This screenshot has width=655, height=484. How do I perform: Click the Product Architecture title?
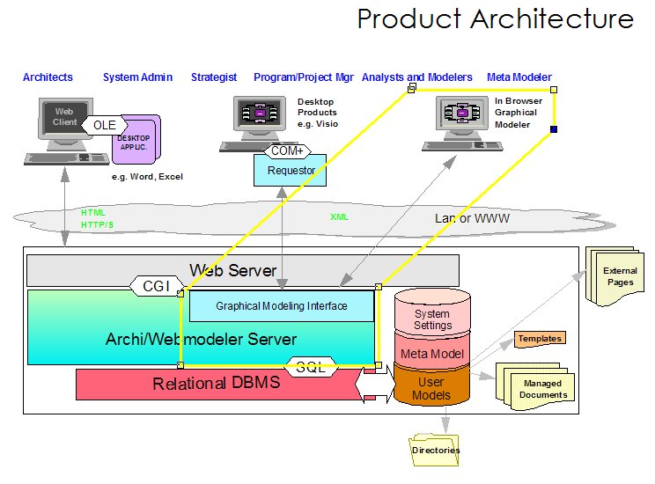495,19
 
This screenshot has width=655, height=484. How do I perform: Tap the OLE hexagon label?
105,126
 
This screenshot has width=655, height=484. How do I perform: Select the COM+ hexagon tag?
285,151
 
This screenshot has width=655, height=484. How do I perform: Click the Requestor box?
290,171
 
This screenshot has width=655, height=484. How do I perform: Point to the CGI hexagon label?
156,285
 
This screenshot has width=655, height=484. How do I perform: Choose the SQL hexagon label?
311,368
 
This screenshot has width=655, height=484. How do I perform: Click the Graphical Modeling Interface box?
282,306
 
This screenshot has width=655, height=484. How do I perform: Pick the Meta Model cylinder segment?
432,354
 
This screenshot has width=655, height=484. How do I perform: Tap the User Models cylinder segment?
431,389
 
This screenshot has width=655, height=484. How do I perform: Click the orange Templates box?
539,338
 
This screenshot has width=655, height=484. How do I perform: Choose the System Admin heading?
137,77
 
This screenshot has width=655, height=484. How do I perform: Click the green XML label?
339,216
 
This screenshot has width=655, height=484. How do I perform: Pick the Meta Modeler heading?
519,77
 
